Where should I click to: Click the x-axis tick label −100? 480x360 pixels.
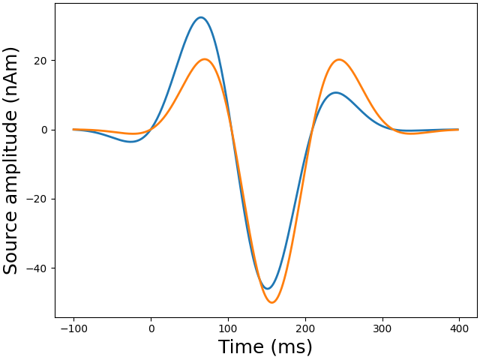[x=73, y=328]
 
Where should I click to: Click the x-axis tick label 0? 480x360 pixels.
[x=151, y=328]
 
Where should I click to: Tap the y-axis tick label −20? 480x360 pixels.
[x=37, y=199]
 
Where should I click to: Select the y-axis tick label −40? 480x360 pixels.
[x=37, y=268]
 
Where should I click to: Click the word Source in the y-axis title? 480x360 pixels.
[x=11, y=243]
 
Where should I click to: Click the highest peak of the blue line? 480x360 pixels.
[x=200, y=17]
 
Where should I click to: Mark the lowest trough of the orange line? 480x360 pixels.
[x=272, y=302]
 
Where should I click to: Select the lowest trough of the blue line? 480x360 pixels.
[x=267, y=289]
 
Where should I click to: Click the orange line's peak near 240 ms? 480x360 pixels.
[x=339, y=59]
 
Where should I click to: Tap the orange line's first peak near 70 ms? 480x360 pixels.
[x=205, y=59]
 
